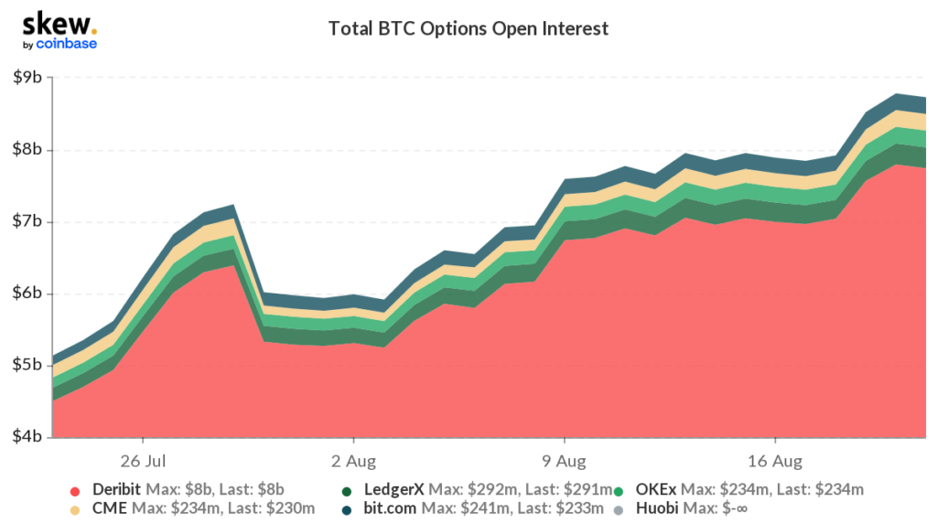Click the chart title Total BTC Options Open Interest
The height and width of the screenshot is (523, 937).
468,29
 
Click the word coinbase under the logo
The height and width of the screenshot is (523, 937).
66,43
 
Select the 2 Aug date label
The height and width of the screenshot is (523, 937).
353,458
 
